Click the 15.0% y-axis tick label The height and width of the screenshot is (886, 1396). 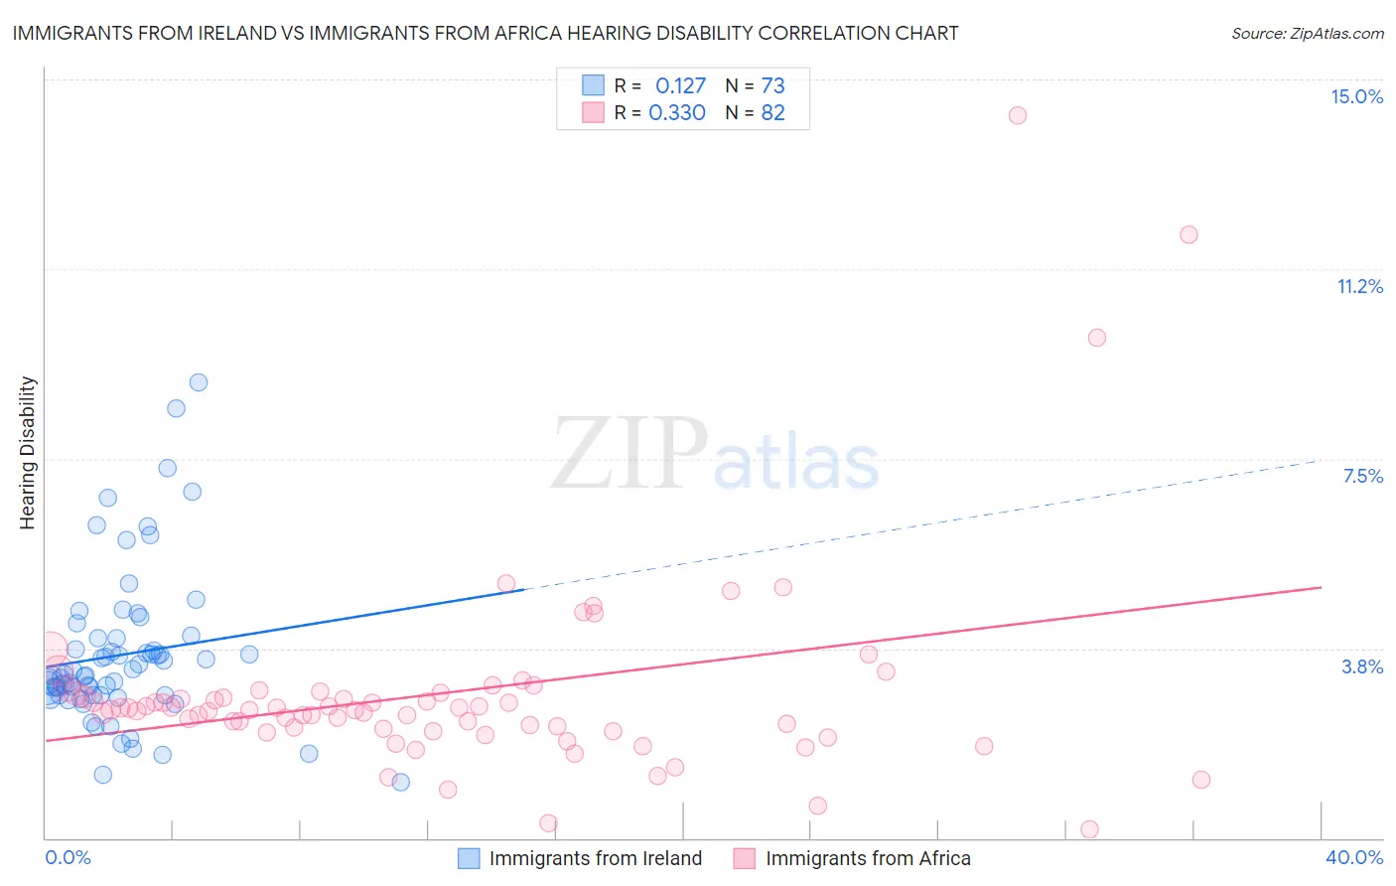coord(1356,96)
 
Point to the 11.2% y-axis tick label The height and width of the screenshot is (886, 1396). coord(1359,286)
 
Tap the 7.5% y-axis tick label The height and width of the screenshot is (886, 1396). coord(1362,476)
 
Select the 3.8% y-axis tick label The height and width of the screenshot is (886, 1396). coord(1362,666)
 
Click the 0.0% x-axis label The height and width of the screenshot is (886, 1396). coord(68,857)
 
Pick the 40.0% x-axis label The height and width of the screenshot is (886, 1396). coord(1353,857)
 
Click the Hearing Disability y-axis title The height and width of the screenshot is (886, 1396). coord(28,452)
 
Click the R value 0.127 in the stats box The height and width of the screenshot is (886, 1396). coord(680,86)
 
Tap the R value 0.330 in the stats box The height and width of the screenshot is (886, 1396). coord(676,113)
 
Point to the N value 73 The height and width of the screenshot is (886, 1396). coord(772,86)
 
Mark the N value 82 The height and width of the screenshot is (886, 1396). coord(772,113)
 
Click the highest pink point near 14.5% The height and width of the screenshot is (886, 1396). coord(1017,115)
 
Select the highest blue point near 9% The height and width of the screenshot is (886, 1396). coord(199,382)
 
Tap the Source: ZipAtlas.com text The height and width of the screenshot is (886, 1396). coord(1307,33)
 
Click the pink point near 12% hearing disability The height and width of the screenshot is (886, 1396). coord(1188,234)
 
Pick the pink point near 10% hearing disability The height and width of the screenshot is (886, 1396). coord(1096,338)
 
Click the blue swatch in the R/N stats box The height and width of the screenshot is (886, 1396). coord(593,85)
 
